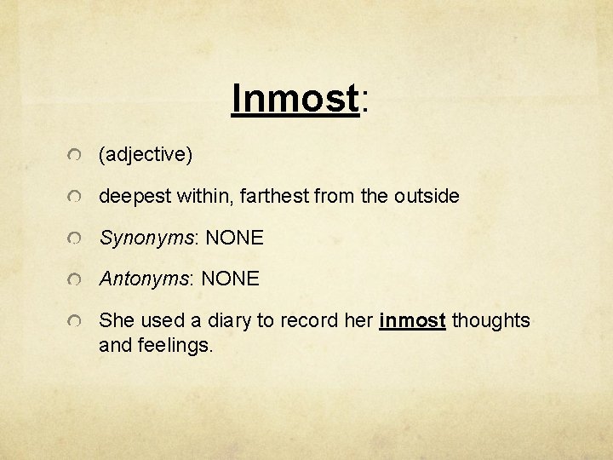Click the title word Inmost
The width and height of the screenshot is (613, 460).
tap(295, 99)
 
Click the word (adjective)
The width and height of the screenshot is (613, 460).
tap(146, 155)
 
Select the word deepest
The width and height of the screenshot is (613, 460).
tap(136, 197)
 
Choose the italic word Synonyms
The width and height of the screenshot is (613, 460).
tap(146, 239)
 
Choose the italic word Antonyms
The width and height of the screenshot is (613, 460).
tap(144, 279)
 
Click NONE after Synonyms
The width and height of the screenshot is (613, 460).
tap(234, 239)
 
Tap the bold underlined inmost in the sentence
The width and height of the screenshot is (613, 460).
tap(412, 321)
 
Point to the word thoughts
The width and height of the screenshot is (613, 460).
tap(490, 321)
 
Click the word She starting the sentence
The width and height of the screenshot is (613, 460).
tap(116, 321)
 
